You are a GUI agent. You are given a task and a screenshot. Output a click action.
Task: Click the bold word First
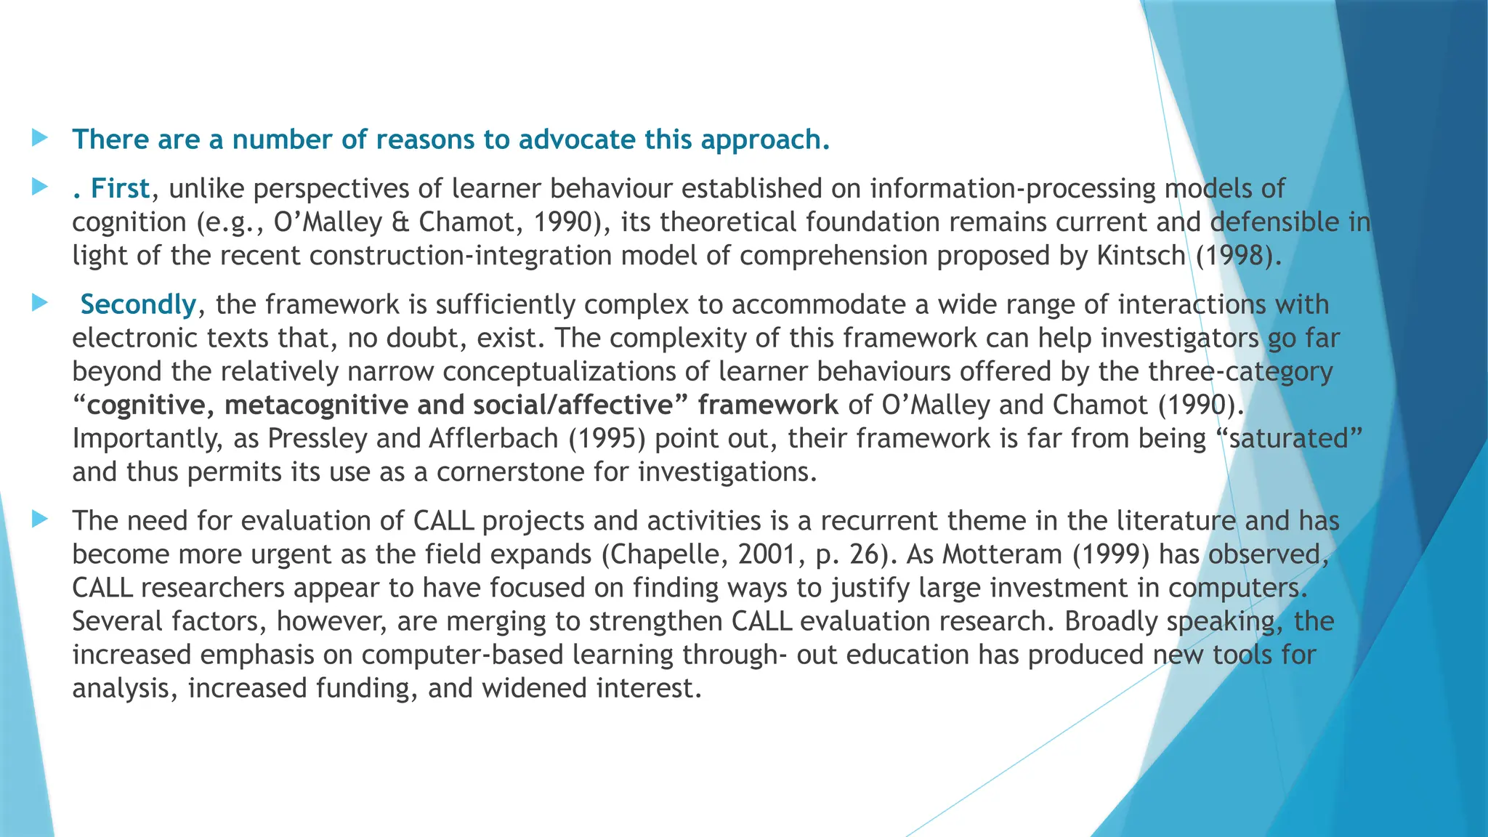[x=120, y=188]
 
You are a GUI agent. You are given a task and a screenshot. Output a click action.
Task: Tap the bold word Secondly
[x=138, y=304]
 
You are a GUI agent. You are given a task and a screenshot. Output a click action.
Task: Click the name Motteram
[x=1003, y=554]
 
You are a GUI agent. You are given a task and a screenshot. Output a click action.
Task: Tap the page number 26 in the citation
[x=865, y=554]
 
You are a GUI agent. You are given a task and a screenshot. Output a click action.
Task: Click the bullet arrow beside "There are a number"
[x=40, y=137]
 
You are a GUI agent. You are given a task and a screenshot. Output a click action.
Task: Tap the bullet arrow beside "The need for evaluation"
[x=40, y=519]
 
